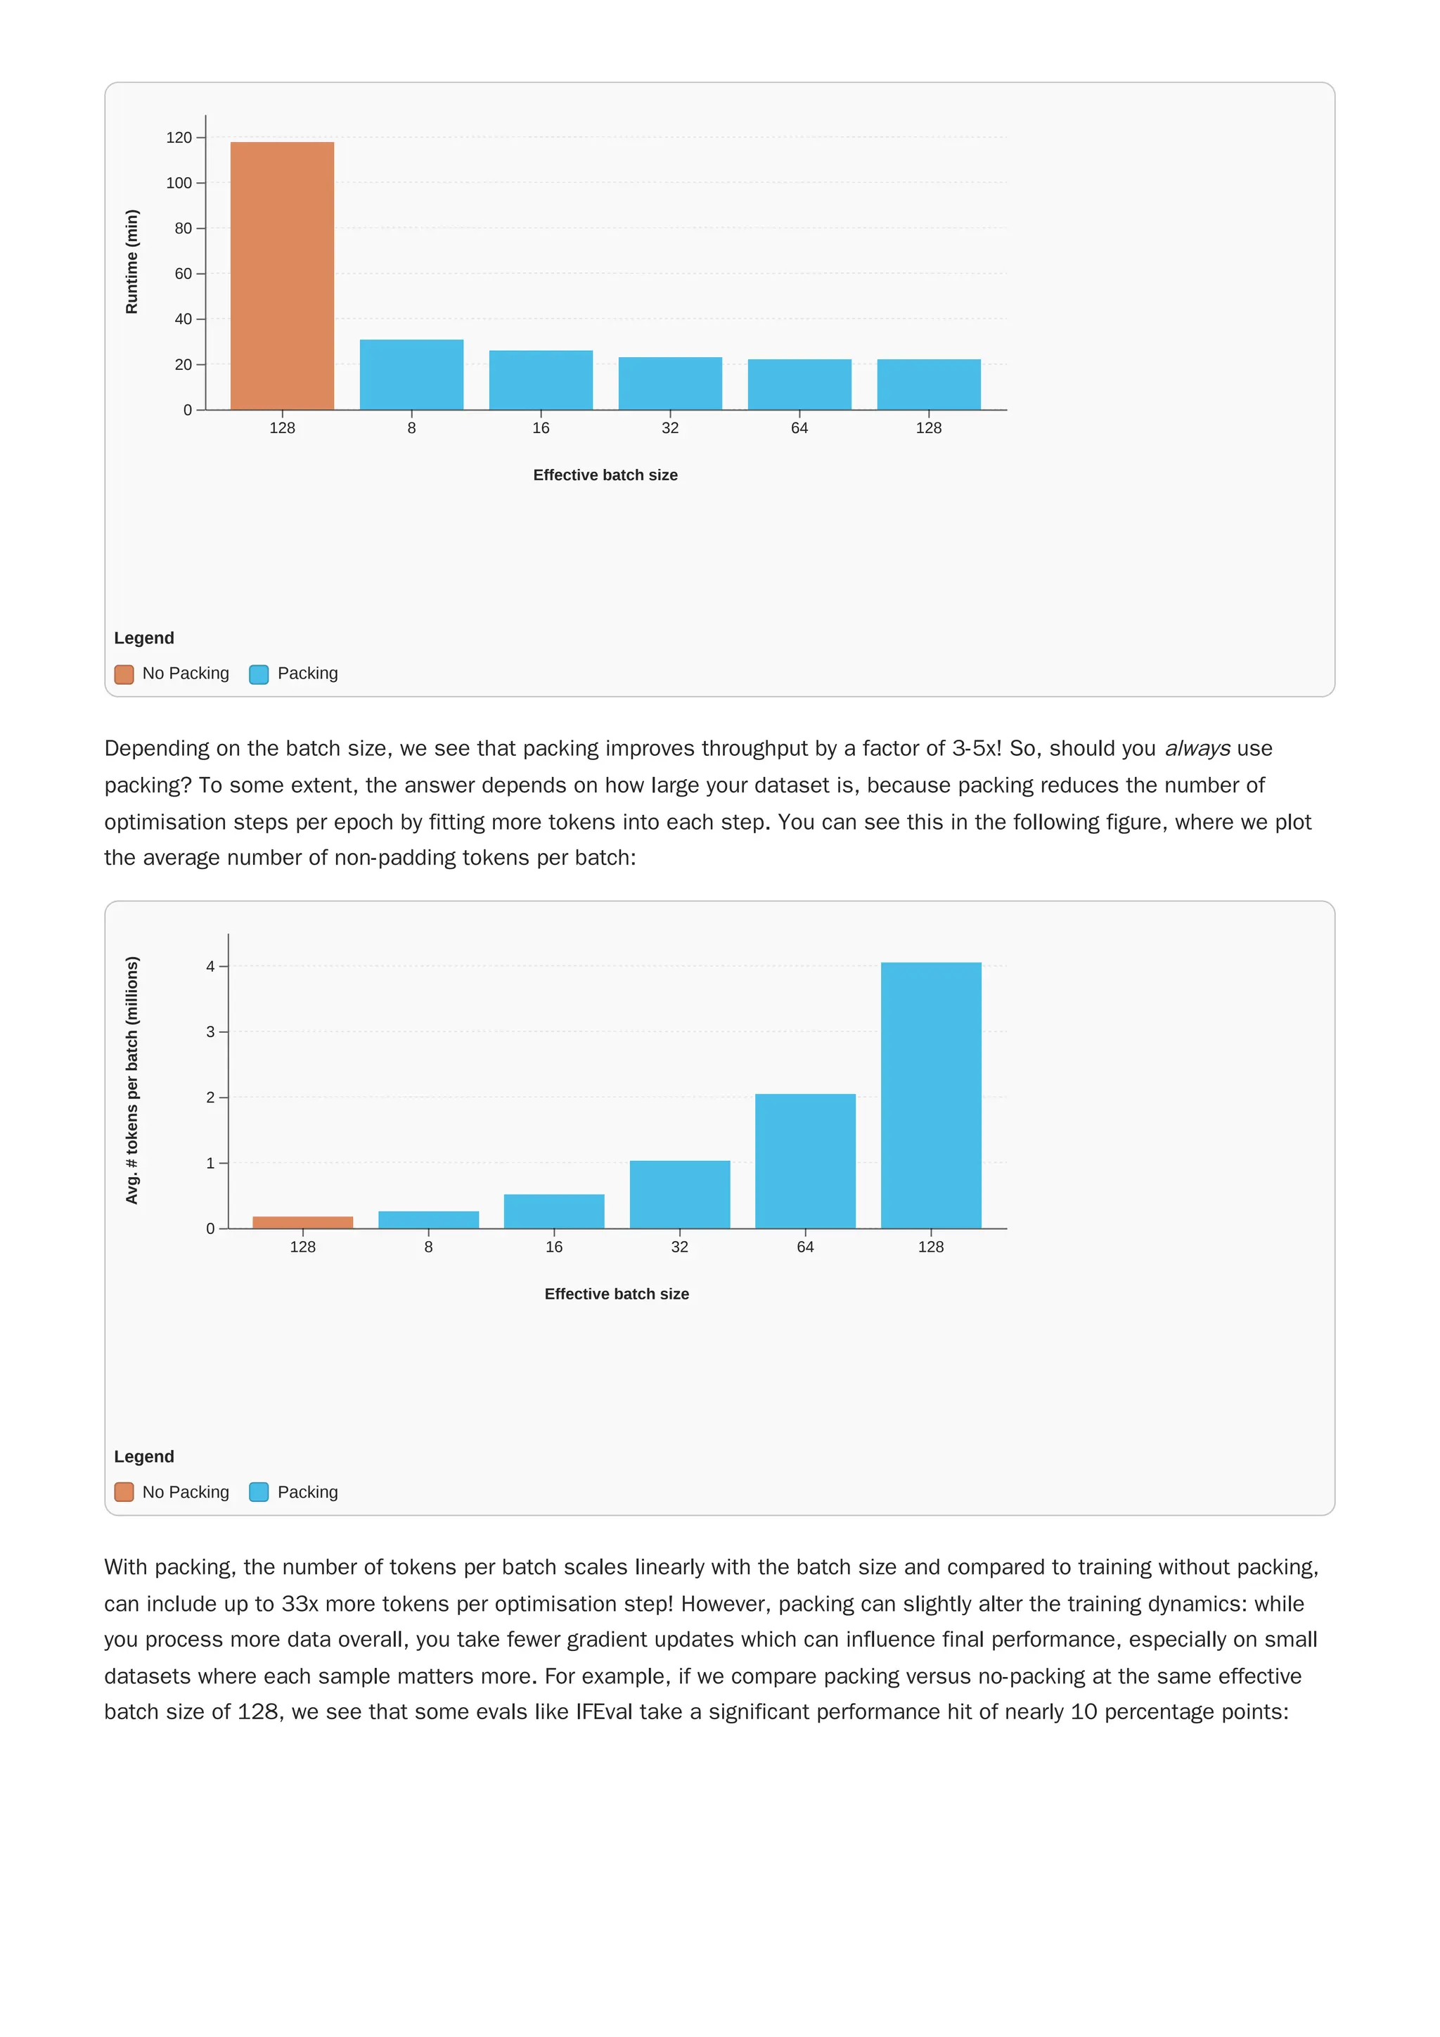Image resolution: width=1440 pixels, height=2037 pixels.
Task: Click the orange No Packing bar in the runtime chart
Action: coord(282,275)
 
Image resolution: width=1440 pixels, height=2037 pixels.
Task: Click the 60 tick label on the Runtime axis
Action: coord(183,274)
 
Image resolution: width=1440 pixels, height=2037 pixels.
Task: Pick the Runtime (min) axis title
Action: coord(132,262)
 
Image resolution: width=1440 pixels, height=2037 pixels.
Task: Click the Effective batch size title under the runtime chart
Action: coord(605,475)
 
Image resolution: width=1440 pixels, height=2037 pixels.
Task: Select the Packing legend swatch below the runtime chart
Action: coord(259,674)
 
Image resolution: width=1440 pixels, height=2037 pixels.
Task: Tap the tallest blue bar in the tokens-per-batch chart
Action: coord(931,1095)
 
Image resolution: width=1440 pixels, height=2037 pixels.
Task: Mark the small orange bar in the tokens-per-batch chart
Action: coord(302,1223)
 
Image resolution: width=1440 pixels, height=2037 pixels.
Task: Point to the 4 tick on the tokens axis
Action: coord(210,966)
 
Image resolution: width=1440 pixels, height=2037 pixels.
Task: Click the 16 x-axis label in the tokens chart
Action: coord(553,1247)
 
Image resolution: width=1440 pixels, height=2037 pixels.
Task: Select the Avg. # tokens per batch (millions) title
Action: coord(132,1080)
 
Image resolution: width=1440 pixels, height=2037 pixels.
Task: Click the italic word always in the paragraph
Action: coord(1197,749)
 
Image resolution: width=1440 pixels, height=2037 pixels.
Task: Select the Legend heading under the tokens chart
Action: coord(143,1457)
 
